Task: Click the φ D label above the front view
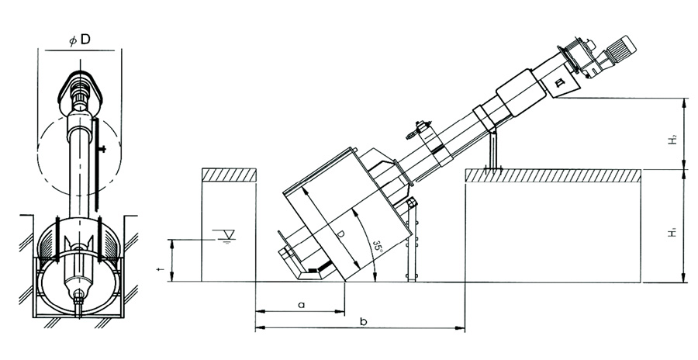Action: click(x=79, y=40)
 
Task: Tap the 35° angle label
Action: click(x=378, y=247)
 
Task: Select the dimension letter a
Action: click(x=302, y=305)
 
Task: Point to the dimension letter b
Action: click(x=363, y=321)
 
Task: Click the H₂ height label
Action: click(x=672, y=139)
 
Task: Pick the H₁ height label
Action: click(x=672, y=231)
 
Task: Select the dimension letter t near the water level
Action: click(x=164, y=269)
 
